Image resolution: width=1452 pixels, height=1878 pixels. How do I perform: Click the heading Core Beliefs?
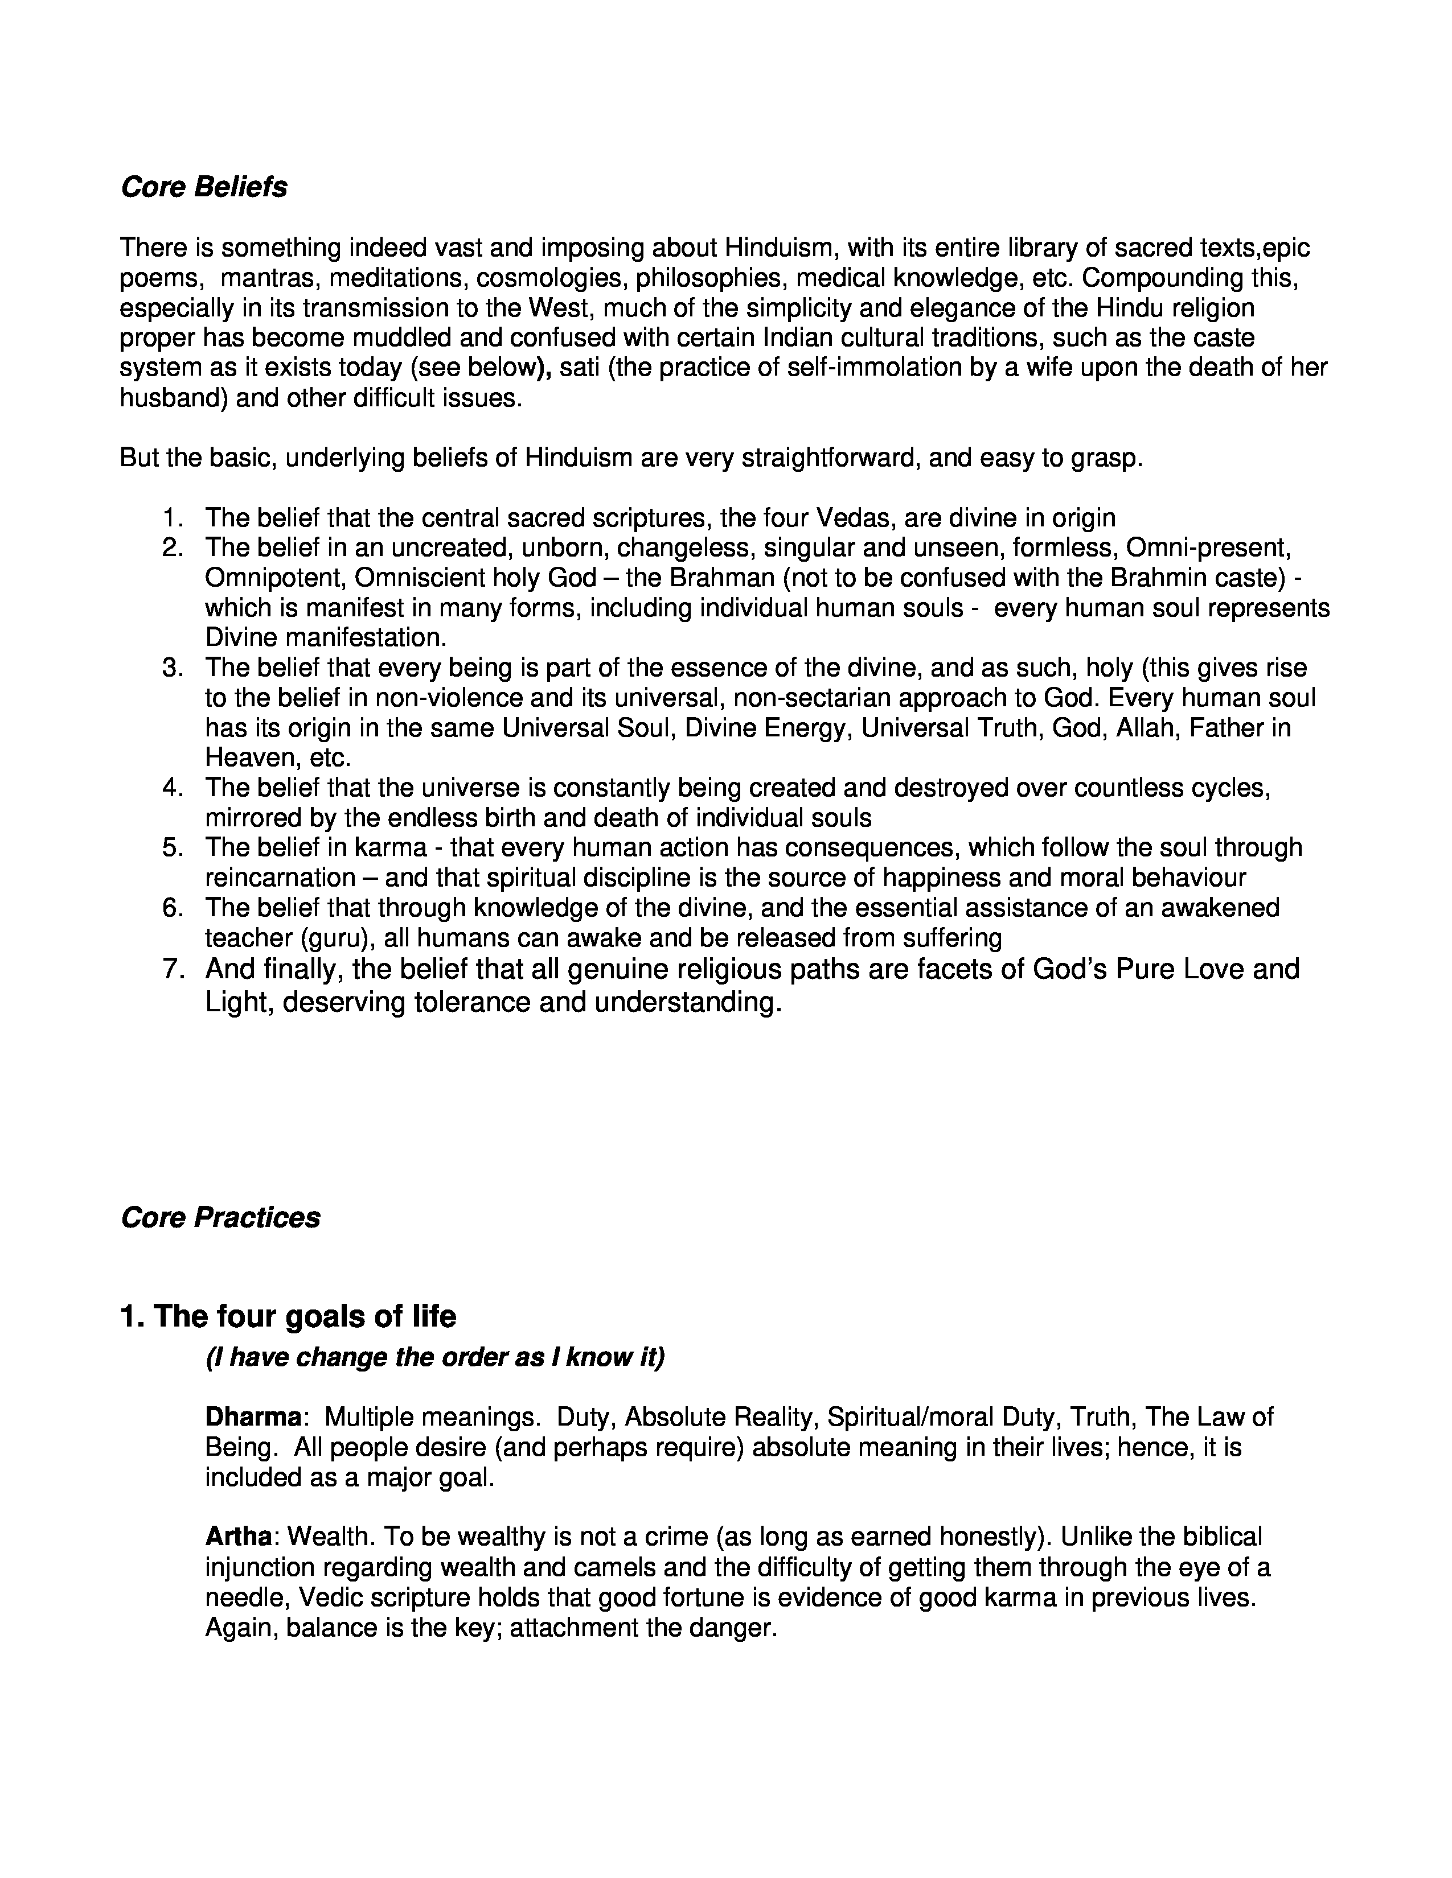[204, 187]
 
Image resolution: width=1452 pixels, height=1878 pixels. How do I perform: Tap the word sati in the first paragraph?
[579, 368]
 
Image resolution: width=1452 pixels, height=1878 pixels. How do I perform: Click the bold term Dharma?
[253, 1417]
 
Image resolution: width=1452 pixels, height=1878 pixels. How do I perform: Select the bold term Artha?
[238, 1537]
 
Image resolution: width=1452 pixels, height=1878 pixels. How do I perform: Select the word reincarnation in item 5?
[280, 878]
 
